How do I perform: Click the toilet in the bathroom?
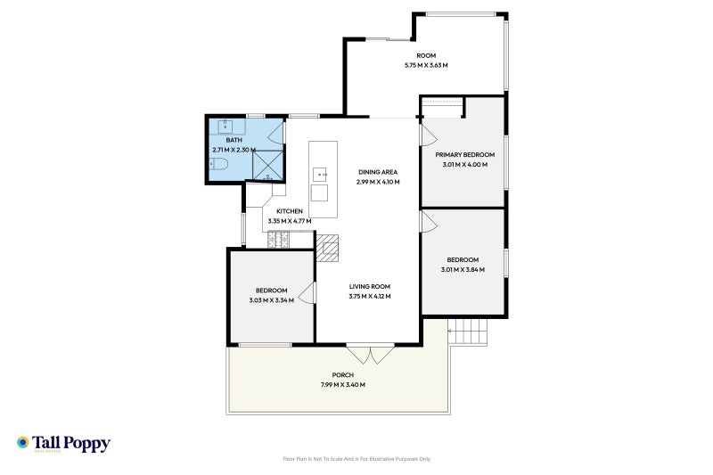coord(218,164)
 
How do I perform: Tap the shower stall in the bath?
coord(268,166)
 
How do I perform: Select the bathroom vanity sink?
coord(225,126)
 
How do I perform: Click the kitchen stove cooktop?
coord(278,239)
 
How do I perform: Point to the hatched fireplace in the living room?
coord(327,248)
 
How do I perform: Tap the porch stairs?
coord(467,332)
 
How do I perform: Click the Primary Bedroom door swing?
coord(429,135)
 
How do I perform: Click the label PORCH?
coord(343,375)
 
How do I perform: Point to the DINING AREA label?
coord(378,172)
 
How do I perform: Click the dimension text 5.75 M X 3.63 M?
coord(426,65)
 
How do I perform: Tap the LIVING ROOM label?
coord(370,286)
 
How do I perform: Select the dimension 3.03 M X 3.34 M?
coord(272,300)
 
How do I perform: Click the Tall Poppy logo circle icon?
coord(23,442)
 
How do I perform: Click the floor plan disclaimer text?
coord(356,459)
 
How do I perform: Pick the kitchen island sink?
coord(320,174)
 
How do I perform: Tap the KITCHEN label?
coord(290,211)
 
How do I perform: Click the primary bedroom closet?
coord(442,107)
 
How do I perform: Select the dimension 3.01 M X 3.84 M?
coord(463,269)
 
